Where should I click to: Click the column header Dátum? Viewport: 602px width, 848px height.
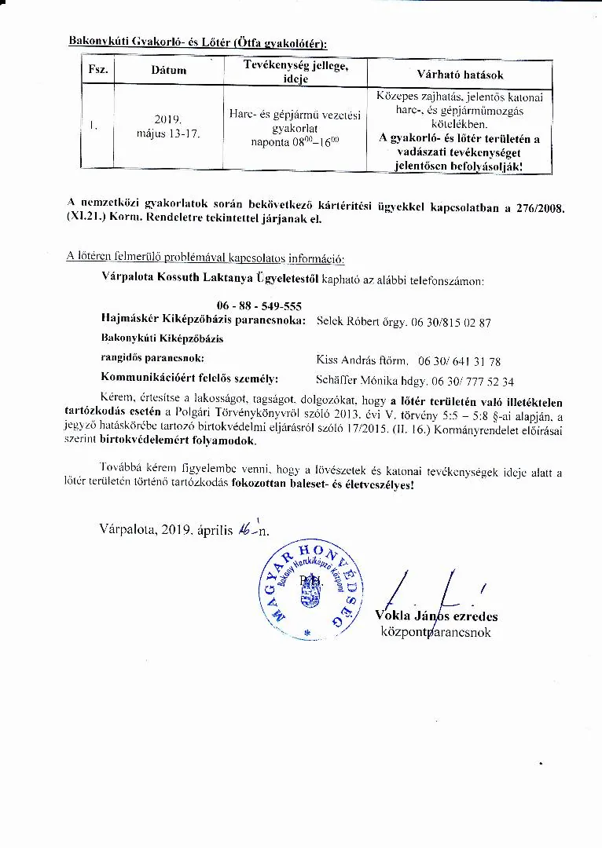coord(169,71)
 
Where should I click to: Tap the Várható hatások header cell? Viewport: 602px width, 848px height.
coord(460,75)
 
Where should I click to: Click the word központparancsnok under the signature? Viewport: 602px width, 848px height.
coord(435,631)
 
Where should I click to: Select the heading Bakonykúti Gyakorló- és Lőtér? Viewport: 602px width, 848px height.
coord(197,40)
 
